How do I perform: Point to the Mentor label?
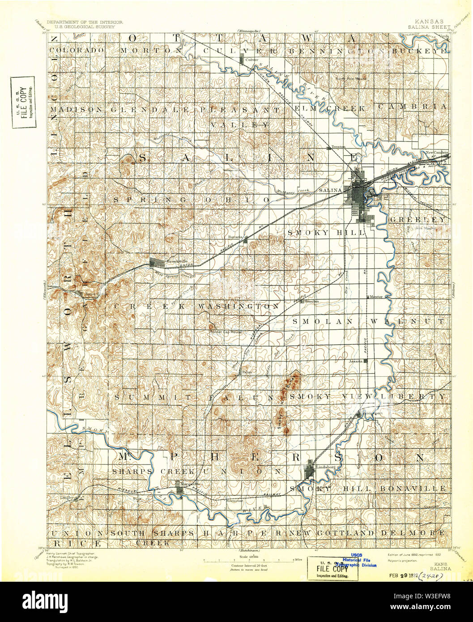[375, 296]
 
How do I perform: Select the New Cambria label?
[436, 153]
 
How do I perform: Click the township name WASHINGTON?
[239, 307]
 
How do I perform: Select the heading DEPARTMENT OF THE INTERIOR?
[79, 21]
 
